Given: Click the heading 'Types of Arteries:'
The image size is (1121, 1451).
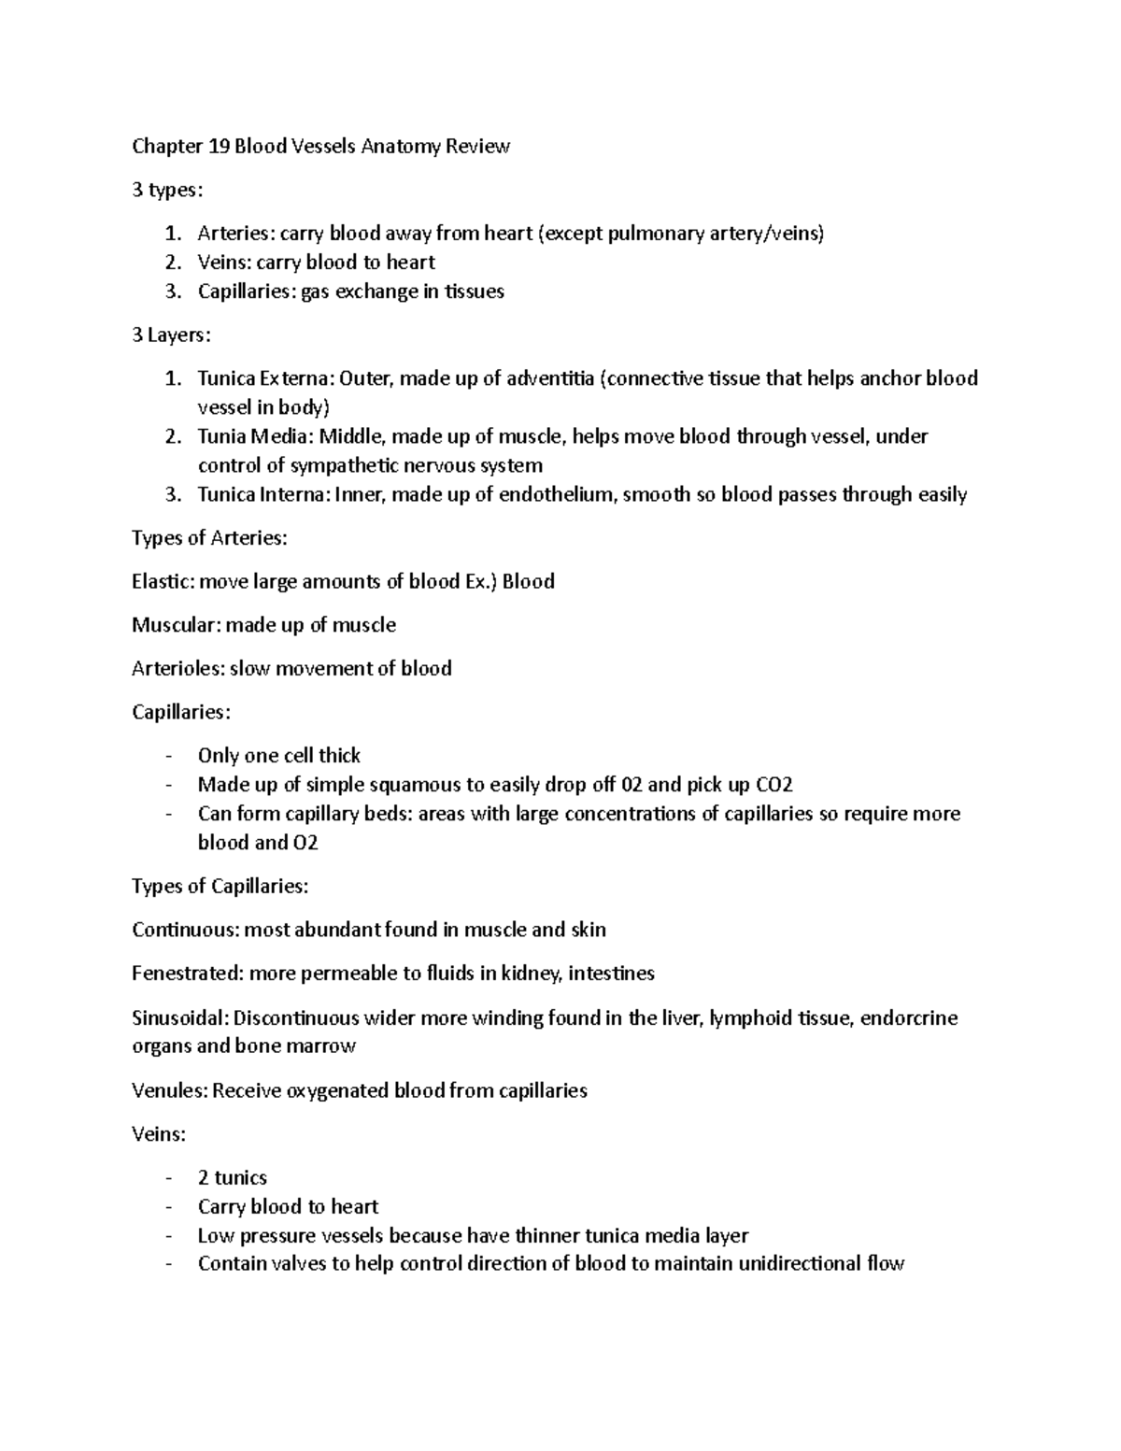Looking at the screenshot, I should click(209, 538).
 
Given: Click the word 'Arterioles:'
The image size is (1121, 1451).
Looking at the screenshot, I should click(178, 668).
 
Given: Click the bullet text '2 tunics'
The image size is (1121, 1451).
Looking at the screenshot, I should click(232, 1177).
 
